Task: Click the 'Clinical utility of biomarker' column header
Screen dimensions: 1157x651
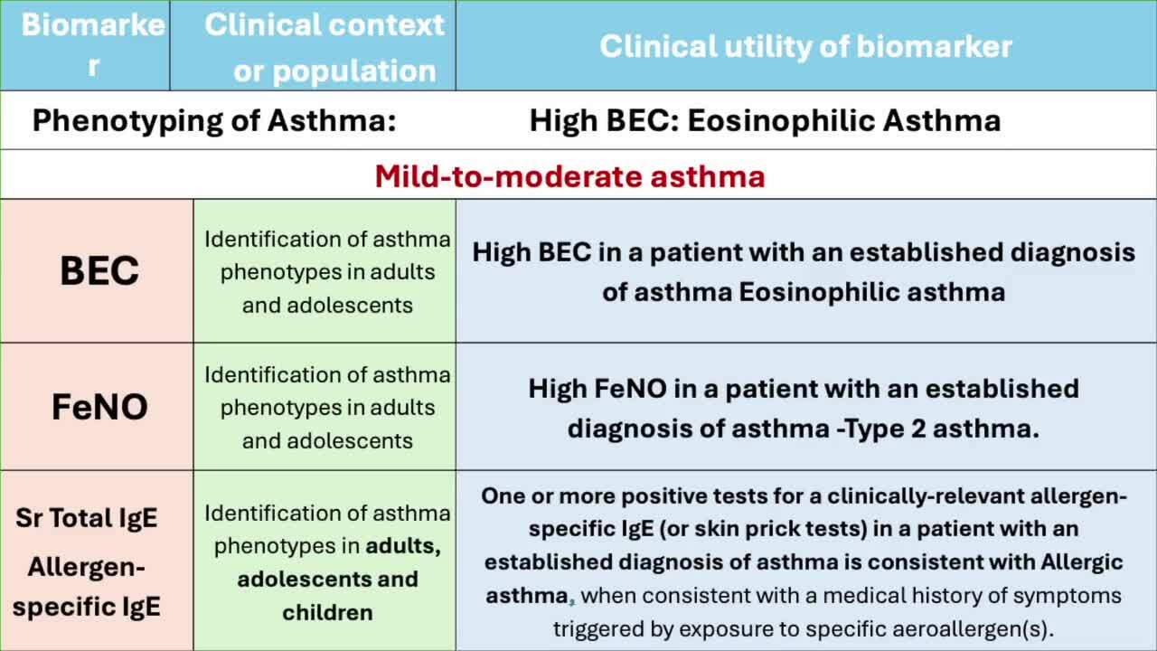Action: tap(805, 46)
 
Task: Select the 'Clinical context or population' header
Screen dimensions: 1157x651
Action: tap(325, 48)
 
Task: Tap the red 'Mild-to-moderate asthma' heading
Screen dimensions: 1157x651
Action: tap(569, 176)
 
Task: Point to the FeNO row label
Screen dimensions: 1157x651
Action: tap(99, 407)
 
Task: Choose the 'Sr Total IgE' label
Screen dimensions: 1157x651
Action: tap(86, 518)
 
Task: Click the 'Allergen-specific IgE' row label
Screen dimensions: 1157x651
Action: tap(86, 587)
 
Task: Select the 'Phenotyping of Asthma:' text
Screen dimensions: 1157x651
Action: tap(214, 120)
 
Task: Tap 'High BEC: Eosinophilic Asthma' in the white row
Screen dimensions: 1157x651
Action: tap(765, 120)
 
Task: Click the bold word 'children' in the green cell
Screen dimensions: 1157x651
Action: tap(327, 612)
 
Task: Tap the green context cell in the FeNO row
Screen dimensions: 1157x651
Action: tap(325, 407)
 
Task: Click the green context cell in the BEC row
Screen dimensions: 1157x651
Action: tap(325, 270)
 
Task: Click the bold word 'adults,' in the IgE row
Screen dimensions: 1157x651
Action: tap(403, 546)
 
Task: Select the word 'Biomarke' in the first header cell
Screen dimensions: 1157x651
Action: tap(93, 24)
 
